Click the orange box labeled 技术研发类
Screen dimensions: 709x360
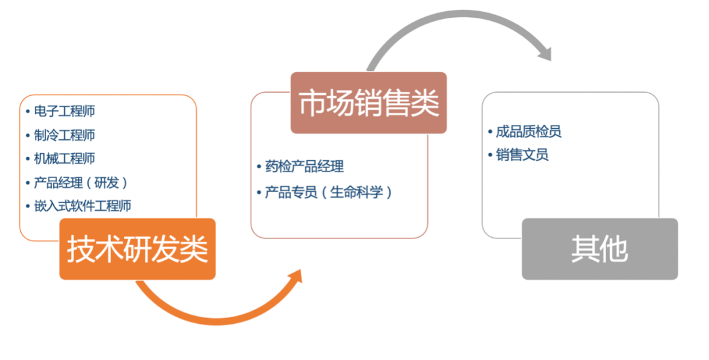(x=137, y=249)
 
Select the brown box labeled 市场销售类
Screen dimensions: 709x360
(x=368, y=102)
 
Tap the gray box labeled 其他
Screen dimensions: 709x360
(x=599, y=249)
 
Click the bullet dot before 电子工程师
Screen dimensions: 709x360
(x=28, y=111)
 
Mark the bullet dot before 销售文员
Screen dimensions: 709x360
(x=490, y=155)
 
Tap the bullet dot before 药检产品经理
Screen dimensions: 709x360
(x=259, y=167)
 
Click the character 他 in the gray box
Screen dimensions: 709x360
(x=614, y=249)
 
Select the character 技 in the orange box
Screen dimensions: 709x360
(x=81, y=249)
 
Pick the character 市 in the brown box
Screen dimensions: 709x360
(x=312, y=103)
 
